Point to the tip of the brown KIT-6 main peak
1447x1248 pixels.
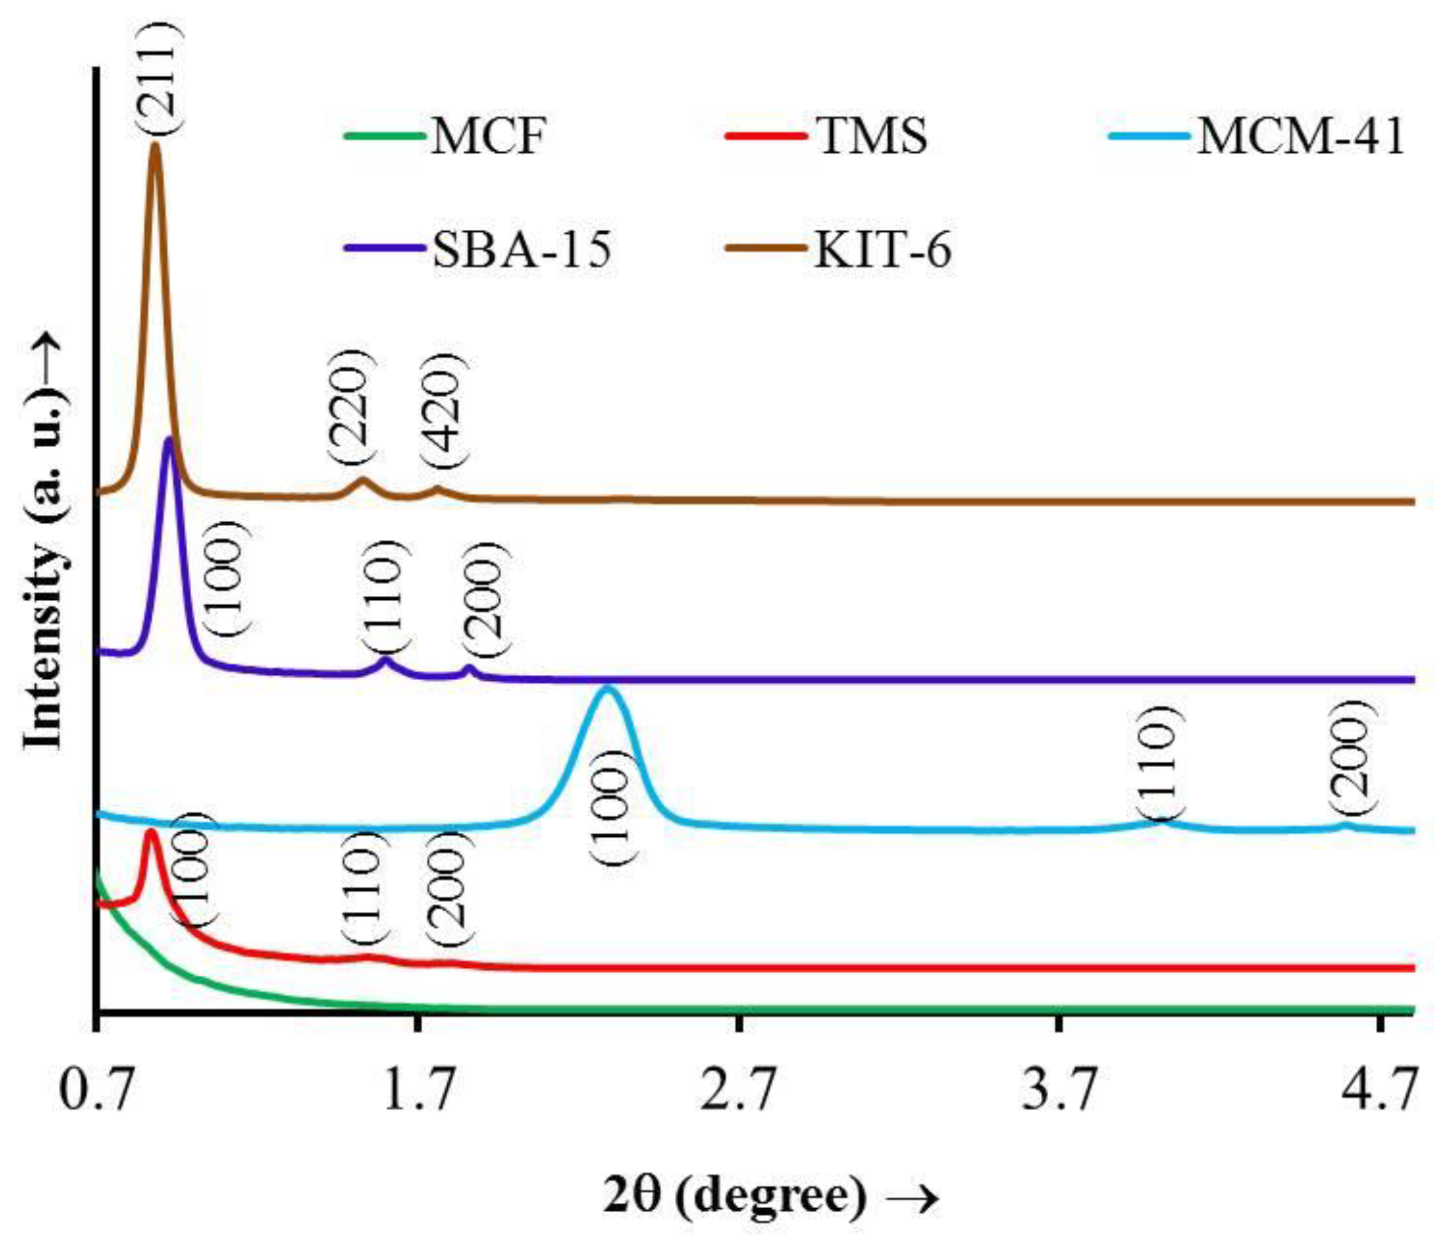click(x=155, y=146)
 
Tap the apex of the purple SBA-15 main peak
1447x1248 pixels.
click(x=168, y=440)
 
